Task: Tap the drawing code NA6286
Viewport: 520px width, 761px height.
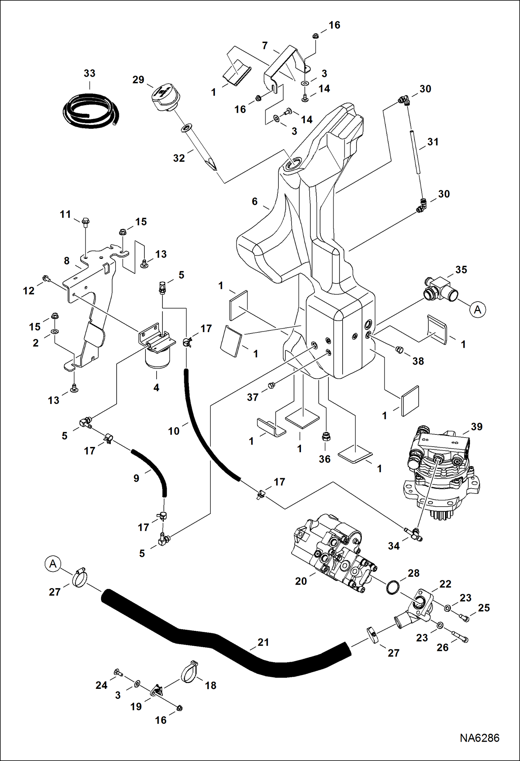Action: (x=479, y=738)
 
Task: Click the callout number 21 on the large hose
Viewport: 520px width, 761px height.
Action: (x=263, y=642)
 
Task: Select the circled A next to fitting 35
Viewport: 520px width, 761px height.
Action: (x=478, y=309)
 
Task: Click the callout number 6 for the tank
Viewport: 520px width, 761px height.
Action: (x=254, y=201)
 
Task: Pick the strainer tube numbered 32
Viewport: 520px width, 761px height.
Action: (x=200, y=147)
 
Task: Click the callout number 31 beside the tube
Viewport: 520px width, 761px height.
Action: (x=433, y=142)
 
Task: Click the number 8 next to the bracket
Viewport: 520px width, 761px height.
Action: (x=67, y=261)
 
